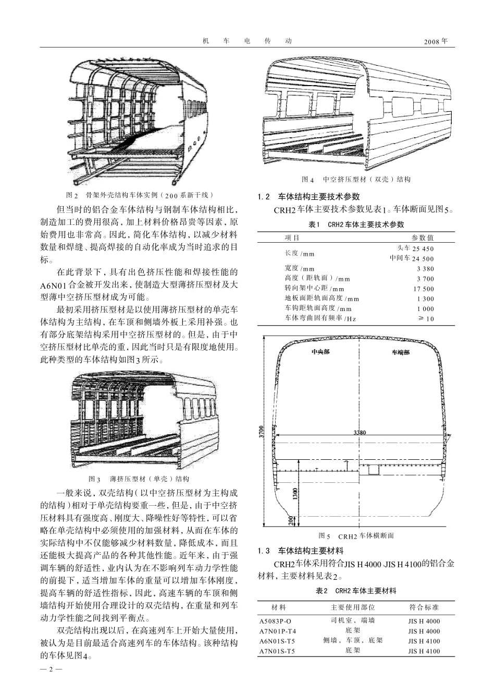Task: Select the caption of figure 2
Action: point(140,195)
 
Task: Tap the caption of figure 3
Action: point(139,479)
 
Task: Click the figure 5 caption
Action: point(356,536)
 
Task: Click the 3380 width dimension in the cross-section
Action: point(360,433)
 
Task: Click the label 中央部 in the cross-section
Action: point(320,352)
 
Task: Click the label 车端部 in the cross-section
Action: point(401,352)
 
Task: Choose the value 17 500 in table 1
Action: point(423,289)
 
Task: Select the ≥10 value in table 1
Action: point(426,318)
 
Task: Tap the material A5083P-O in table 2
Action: point(275,621)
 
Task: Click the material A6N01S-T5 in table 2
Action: point(277,641)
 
